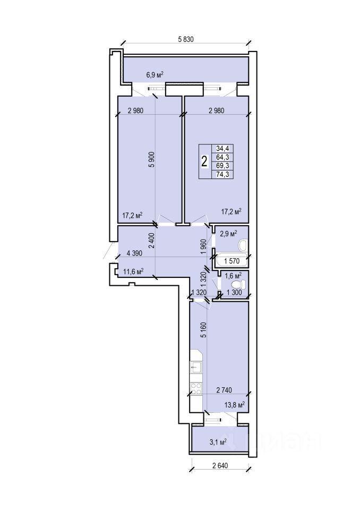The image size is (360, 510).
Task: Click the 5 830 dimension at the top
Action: click(186, 39)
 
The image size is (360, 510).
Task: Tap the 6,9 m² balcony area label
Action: click(155, 75)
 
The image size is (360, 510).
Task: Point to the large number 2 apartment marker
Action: click(204, 161)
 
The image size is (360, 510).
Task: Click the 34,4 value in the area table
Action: click(223, 149)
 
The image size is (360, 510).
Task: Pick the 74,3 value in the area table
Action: click(223, 174)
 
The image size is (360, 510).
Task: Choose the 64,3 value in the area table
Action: click(223, 157)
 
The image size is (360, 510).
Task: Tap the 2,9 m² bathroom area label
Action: click(229, 234)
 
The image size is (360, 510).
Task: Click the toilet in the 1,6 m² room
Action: click(241, 285)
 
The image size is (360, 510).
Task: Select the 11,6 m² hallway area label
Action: click(134, 271)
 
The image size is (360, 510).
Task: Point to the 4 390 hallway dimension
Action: click(134, 253)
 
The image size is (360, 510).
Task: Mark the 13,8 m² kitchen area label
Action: click(235, 405)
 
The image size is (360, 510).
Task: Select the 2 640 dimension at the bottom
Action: click(220, 465)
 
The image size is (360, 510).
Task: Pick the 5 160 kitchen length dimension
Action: click(204, 330)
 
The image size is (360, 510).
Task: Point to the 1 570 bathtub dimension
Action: click(232, 261)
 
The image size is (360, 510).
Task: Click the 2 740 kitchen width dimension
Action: click(224, 390)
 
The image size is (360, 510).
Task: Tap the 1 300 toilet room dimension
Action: click(234, 292)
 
